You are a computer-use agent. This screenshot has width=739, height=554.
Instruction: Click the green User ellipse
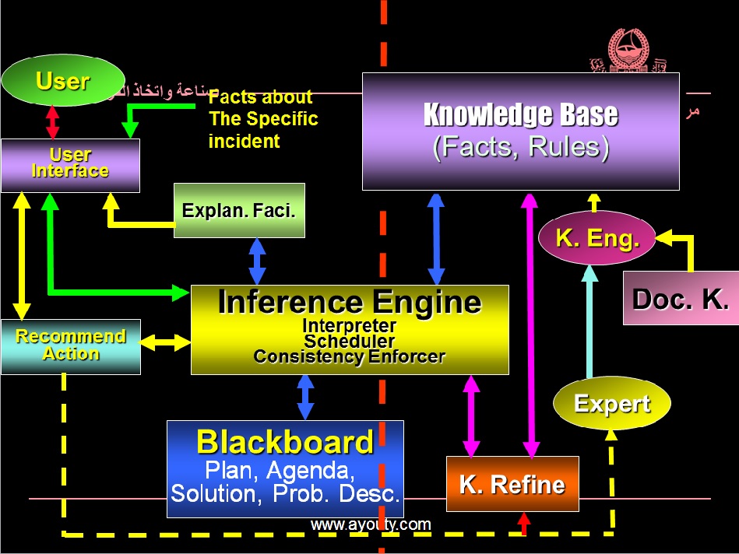pyautogui.click(x=62, y=80)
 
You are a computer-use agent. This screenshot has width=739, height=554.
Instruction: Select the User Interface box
pyautogui.click(x=70, y=165)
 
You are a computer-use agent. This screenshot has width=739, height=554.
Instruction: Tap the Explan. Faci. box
pyautogui.click(x=239, y=210)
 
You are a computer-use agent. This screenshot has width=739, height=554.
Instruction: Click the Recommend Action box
pyautogui.click(x=71, y=346)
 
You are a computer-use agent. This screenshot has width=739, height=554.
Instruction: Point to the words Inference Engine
pyautogui.click(x=350, y=302)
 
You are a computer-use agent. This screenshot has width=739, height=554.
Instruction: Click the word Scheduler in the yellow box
pyautogui.click(x=350, y=342)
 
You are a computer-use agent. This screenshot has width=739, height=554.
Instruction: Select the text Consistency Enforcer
pyautogui.click(x=350, y=357)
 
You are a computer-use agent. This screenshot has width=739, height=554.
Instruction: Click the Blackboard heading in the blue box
pyautogui.click(x=285, y=442)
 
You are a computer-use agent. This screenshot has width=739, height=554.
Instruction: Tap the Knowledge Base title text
pyautogui.click(x=520, y=115)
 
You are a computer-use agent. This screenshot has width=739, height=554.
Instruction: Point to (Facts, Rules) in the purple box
pyautogui.click(x=520, y=146)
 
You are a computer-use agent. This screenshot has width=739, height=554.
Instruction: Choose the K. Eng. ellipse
pyautogui.click(x=597, y=238)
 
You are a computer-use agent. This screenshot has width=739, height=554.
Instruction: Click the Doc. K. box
pyautogui.click(x=681, y=299)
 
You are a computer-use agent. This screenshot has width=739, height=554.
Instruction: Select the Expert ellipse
pyautogui.click(x=611, y=404)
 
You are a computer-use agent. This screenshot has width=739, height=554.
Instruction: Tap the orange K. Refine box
pyautogui.click(x=512, y=484)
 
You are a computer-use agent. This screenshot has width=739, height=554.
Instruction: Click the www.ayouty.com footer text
pyautogui.click(x=371, y=524)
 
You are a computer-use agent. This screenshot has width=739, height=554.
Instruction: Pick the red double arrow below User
pyautogui.click(x=52, y=122)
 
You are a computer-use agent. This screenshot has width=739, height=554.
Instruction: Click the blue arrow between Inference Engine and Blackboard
pyautogui.click(x=305, y=397)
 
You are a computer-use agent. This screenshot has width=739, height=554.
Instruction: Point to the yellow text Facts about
pyautogui.click(x=260, y=97)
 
